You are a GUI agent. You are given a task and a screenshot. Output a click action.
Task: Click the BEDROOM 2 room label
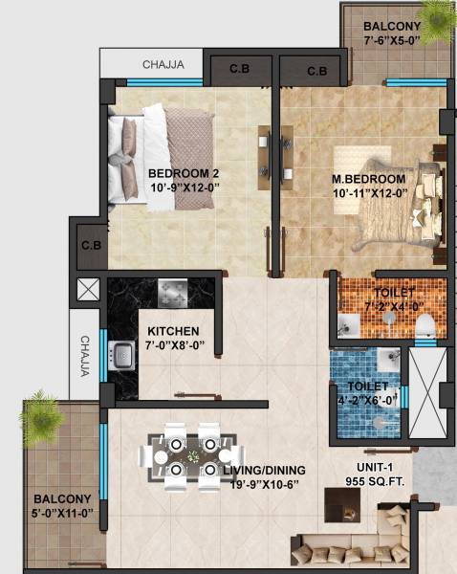click(184, 173)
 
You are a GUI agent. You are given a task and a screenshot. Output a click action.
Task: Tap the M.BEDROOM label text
click(368, 179)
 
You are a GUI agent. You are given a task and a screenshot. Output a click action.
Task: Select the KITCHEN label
click(173, 332)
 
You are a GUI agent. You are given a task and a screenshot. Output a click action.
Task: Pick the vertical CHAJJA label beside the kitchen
click(85, 356)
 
